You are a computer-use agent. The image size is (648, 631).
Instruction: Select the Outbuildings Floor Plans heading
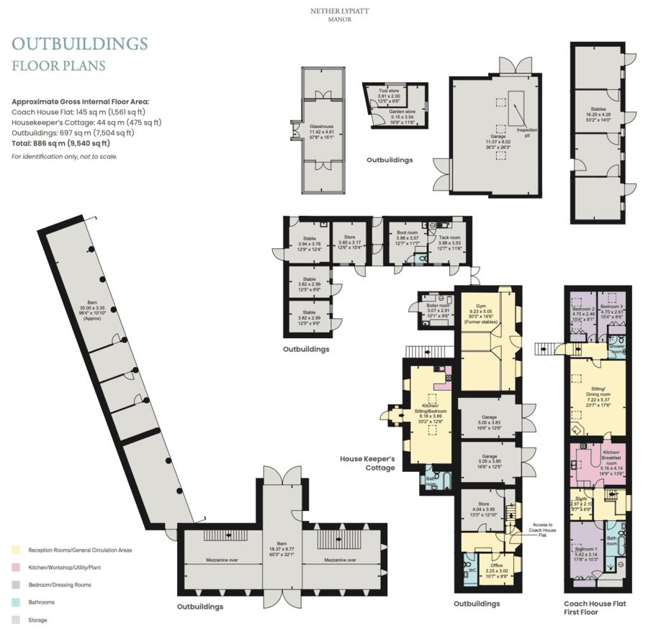tap(79, 53)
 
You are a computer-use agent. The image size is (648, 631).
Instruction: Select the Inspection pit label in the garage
tap(528, 132)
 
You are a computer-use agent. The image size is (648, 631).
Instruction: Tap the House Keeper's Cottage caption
tap(367, 463)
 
